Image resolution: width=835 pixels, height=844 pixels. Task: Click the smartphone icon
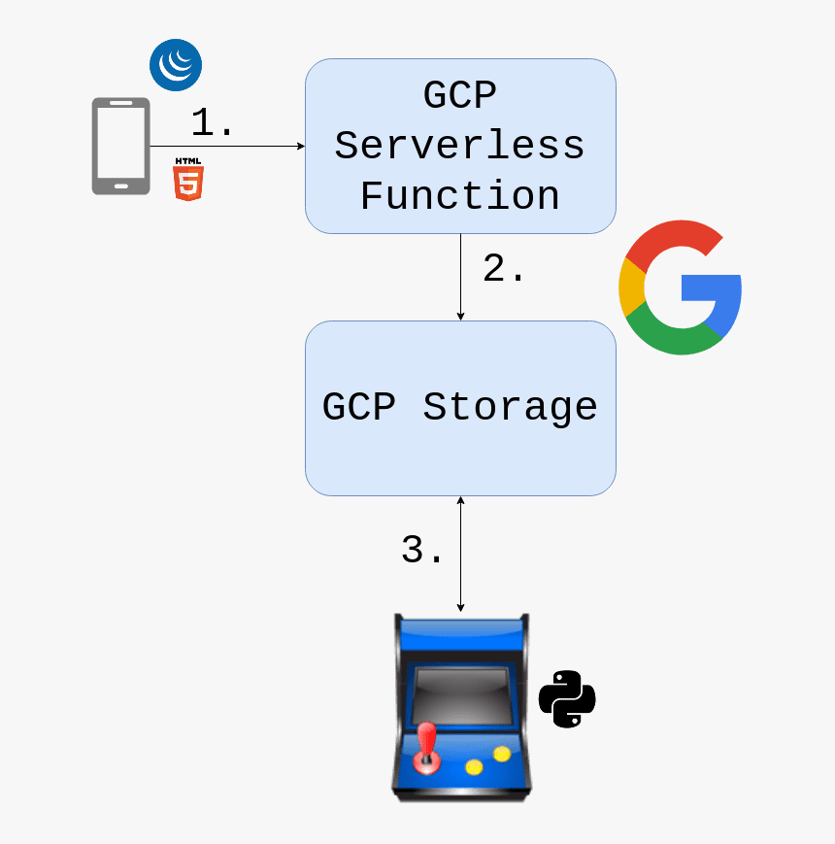click(120, 146)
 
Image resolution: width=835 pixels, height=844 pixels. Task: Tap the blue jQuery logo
click(176, 66)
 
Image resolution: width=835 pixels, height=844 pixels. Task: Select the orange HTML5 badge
click(188, 179)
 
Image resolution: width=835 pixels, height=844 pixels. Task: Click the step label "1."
click(213, 123)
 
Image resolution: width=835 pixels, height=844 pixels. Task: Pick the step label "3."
click(422, 550)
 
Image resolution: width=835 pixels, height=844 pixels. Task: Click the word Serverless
click(459, 146)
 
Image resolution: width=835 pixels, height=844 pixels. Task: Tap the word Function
click(459, 195)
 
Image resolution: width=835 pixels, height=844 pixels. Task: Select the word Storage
click(510, 406)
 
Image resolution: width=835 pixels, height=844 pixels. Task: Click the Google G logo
click(680, 287)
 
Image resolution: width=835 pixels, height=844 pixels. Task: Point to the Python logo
click(567, 699)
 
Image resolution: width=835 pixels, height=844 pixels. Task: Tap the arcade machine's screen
click(460, 694)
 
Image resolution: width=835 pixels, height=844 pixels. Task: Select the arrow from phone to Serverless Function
click(227, 147)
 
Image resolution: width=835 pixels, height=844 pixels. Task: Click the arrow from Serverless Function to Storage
click(460, 277)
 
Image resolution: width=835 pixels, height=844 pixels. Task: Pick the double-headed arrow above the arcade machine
click(460, 554)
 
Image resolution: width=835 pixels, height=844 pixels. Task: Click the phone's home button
click(121, 184)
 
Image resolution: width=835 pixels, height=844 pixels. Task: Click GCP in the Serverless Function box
click(459, 96)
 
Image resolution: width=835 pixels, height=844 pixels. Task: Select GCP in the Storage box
click(359, 406)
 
